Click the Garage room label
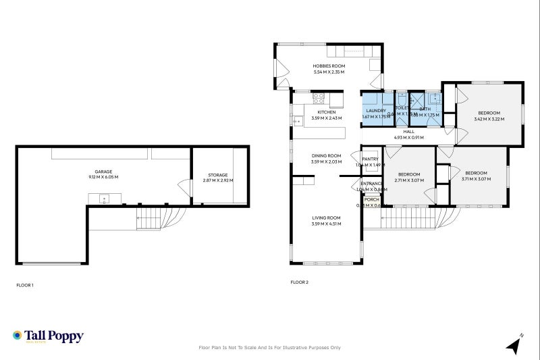(103, 172)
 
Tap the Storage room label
(217, 176)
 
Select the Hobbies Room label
(328, 66)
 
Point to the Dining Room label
(326, 155)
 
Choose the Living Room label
(326, 217)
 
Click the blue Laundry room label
(375, 110)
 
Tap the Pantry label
(370, 159)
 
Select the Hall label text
(408, 132)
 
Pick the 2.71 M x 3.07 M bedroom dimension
(409, 180)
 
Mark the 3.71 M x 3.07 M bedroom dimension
(476, 180)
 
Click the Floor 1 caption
(25, 285)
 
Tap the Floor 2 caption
(299, 282)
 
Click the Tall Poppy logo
(47, 336)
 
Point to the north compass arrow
(514, 345)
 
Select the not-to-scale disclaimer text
(270, 348)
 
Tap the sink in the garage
(105, 199)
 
